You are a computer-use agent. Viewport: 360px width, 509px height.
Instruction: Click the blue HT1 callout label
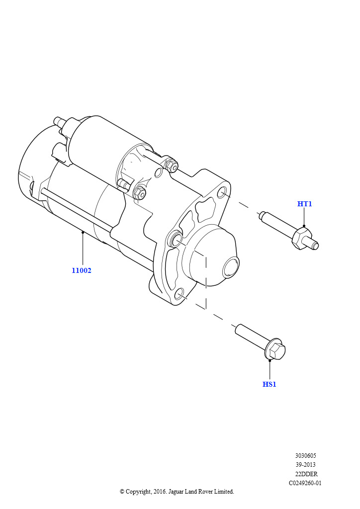point(304,204)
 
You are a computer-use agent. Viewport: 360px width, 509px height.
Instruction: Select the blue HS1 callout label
point(269,384)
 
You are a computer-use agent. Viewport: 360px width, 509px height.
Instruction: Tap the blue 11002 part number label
point(81,270)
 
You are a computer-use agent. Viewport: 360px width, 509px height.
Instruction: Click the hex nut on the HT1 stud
point(301,238)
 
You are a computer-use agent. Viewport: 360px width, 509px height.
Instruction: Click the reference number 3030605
point(305,456)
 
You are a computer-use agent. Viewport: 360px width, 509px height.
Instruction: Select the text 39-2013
point(305,465)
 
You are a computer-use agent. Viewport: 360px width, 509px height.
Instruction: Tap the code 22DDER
point(305,474)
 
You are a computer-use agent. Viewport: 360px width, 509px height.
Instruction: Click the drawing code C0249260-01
point(305,483)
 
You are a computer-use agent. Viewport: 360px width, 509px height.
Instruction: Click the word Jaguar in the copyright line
point(176,492)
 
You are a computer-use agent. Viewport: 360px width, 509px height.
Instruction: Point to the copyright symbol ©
point(122,492)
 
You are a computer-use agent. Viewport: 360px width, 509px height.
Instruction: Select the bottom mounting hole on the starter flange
point(179,294)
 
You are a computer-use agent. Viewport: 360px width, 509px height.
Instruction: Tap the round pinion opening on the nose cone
point(231,267)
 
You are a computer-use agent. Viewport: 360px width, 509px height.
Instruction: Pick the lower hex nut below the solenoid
point(140,193)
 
